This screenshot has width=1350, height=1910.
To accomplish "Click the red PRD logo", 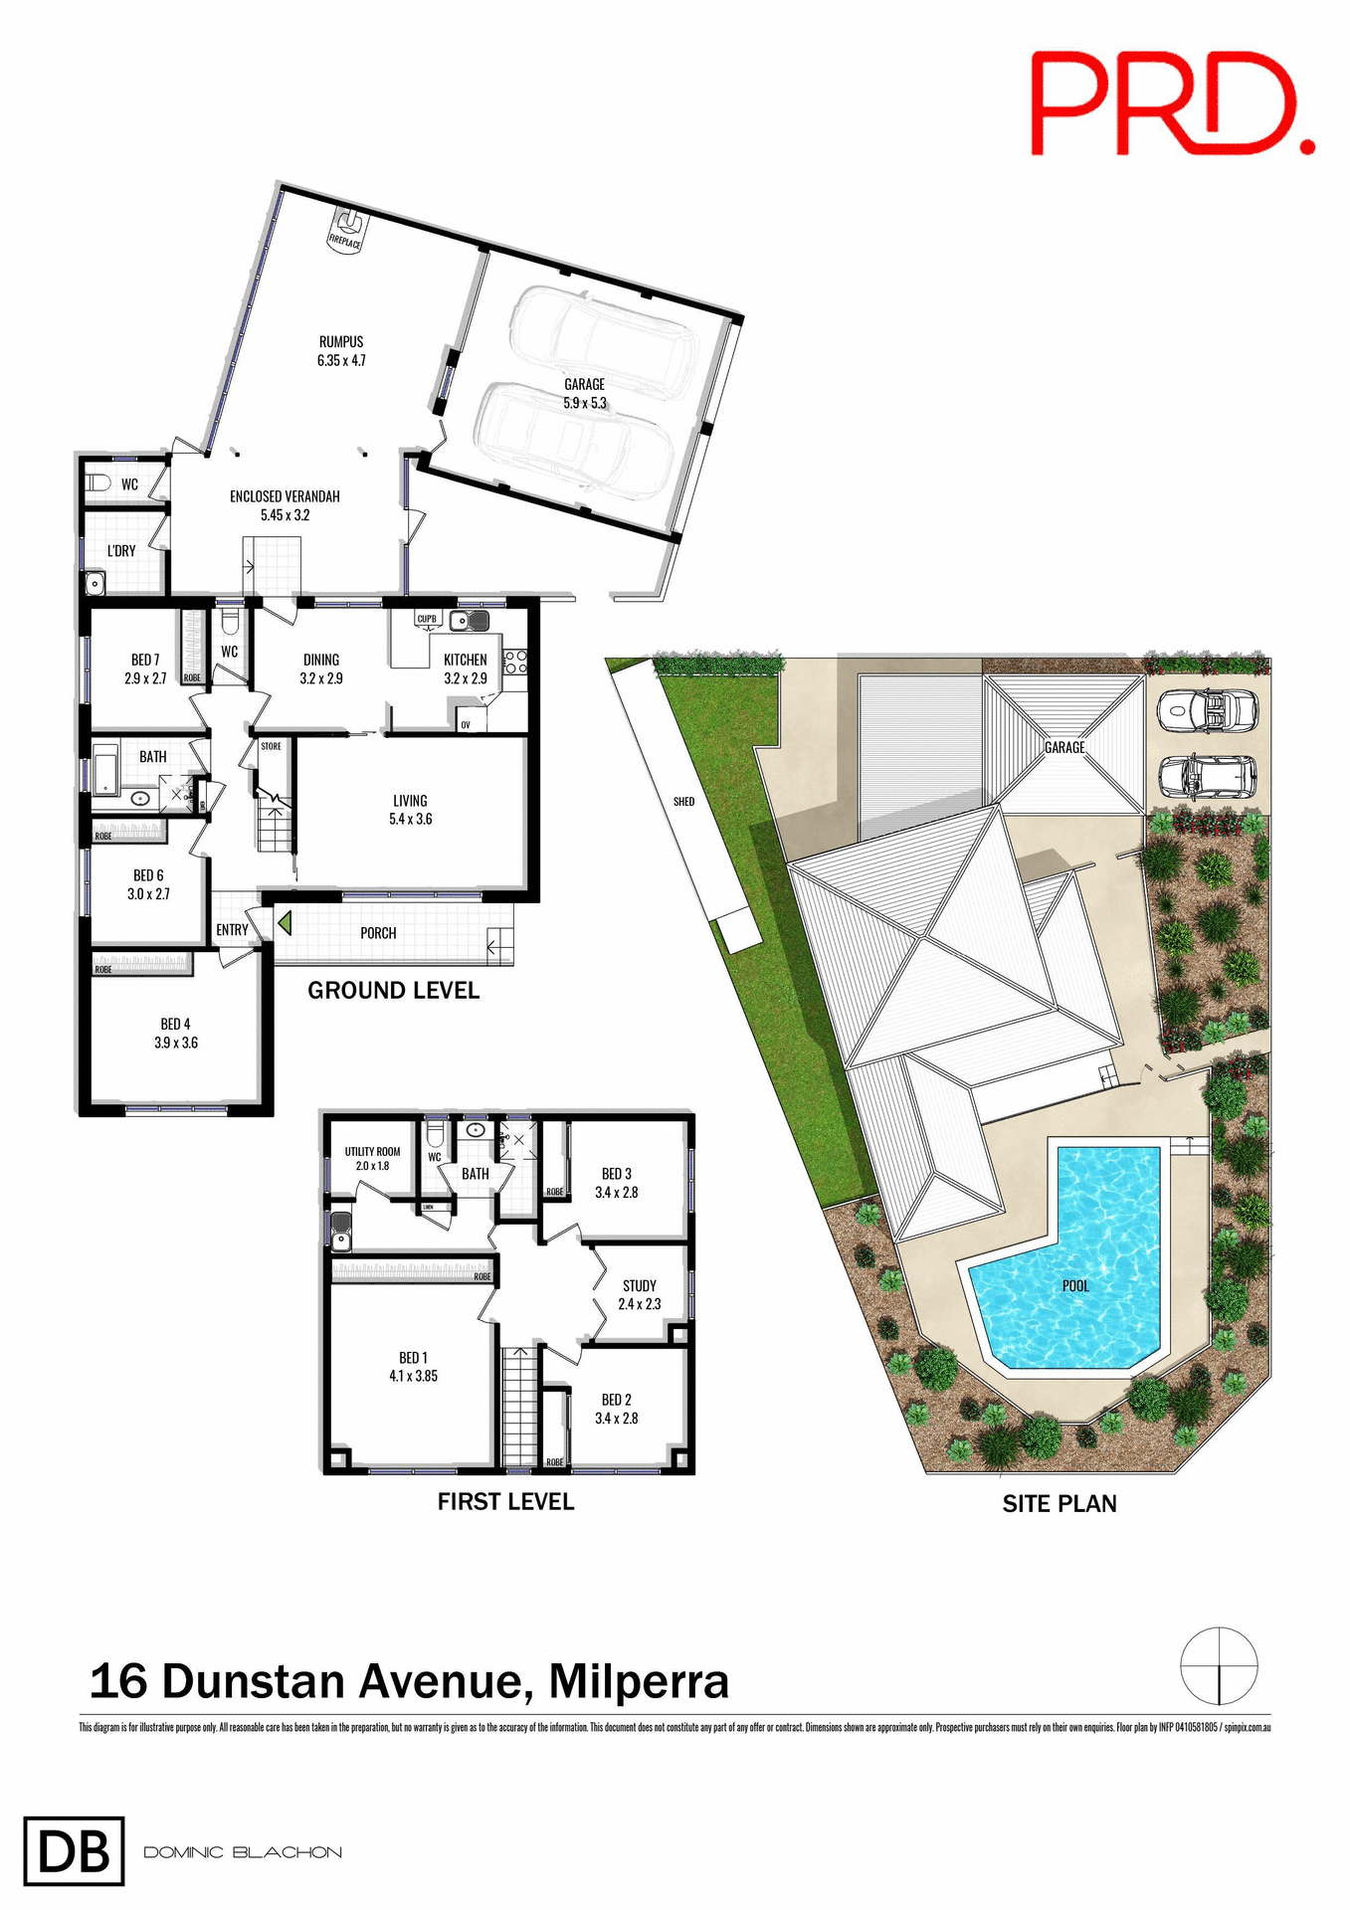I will point(1171,103).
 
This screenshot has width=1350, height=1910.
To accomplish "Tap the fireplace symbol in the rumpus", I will point(346,232).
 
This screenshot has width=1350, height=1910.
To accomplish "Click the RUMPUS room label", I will point(341,351).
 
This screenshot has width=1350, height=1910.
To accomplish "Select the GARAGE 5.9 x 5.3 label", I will point(585,393).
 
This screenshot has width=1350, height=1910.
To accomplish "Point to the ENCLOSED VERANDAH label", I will point(285,505).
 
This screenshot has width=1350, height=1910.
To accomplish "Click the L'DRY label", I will point(121,551).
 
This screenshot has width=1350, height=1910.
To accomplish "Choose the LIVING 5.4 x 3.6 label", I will point(410,810).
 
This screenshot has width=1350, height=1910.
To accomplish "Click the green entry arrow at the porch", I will point(285,923).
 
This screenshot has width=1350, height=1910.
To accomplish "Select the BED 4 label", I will point(175,1033).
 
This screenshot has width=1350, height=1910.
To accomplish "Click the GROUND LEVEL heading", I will point(393,991).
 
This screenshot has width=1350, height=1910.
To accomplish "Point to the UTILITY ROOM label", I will point(372,1158).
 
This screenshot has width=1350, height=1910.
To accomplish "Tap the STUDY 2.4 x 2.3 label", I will point(639,1294).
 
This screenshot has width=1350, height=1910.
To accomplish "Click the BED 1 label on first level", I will point(413,1367).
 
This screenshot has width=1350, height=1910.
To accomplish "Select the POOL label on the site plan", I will point(1075,1286).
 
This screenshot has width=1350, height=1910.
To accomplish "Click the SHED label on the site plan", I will point(683,802).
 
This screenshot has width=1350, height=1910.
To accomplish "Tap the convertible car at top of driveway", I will point(1208,710).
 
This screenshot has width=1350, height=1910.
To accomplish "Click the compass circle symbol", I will point(1219,1665).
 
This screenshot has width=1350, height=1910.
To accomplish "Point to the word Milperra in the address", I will point(639,1682).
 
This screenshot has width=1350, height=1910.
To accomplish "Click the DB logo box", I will point(74,1851).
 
